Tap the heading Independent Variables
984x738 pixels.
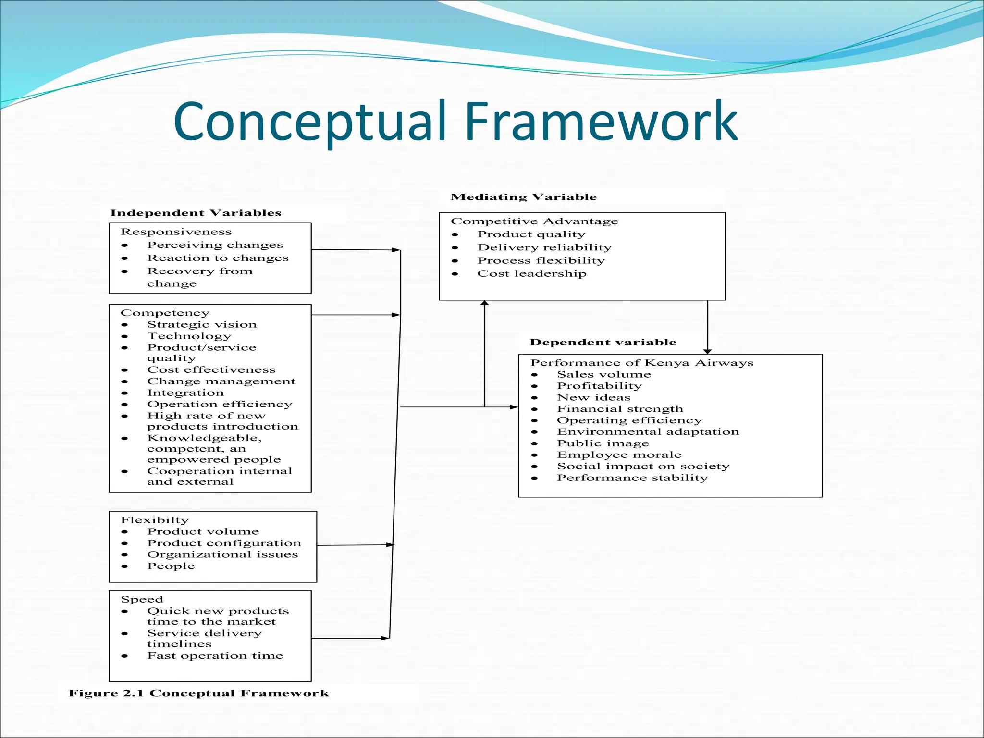tap(196, 213)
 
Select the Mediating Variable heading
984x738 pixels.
tap(523, 197)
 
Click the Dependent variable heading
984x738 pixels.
tap(603, 342)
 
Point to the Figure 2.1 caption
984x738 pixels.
tap(198, 693)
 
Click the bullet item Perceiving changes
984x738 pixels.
tap(215, 245)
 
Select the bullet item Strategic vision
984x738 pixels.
tap(202, 325)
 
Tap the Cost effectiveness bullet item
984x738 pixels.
tap(211, 370)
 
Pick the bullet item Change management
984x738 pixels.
tap(221, 381)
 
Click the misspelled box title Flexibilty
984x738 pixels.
tap(155, 520)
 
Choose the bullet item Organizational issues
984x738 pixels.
tap(222, 554)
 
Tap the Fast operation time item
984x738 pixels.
tap(215, 656)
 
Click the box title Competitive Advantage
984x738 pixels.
tap(534, 221)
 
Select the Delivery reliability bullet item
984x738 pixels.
tap(544, 247)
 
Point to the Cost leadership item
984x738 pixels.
tap(531, 274)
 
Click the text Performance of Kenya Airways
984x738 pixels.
tap(641, 363)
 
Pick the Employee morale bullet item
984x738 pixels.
tap(619, 455)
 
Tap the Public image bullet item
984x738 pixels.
tap(603, 443)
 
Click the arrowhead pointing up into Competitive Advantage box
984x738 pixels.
tap(484, 303)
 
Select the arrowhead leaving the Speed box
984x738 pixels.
tap(385, 638)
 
